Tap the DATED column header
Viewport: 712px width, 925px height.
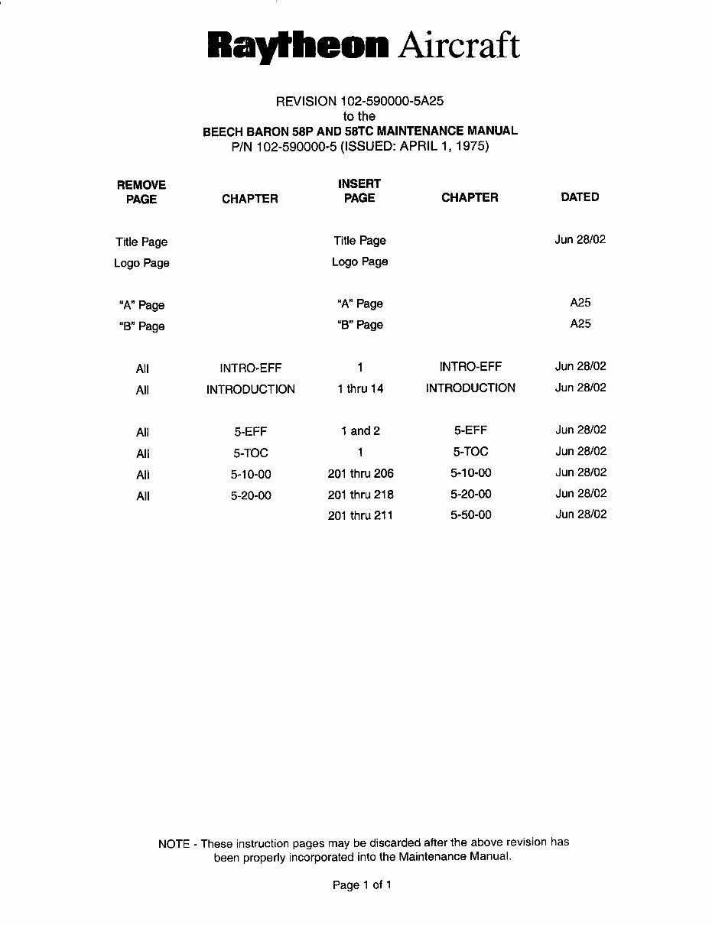580,197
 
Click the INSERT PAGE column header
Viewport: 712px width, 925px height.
359,190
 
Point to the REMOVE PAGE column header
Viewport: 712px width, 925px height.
141,192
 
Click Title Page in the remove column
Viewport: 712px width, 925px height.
141,242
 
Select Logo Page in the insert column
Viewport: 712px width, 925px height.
359,262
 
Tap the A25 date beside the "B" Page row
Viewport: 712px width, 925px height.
580,324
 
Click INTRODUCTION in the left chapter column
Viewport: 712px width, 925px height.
250,390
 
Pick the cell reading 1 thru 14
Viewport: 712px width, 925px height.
360,389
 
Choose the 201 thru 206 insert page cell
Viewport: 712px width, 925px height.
360,474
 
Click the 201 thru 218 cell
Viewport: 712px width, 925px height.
360,495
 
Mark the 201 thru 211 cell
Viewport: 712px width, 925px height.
360,515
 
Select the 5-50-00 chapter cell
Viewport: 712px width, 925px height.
470,514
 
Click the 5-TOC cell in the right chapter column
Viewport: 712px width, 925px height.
470,452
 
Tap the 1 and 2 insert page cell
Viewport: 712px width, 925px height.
360,431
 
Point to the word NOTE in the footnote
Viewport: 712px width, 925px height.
174,844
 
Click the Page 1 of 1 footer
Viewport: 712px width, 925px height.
362,885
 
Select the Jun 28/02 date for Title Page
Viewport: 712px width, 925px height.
580,240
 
